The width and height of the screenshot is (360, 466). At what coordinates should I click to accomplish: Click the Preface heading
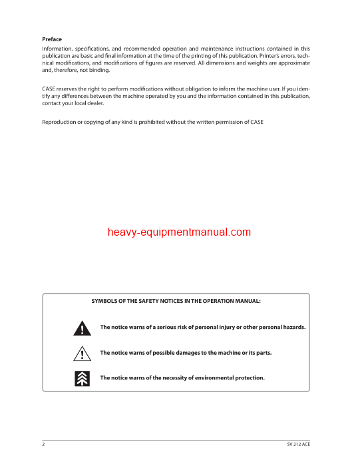(52, 39)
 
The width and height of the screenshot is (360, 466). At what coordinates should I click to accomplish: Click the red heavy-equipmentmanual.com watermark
(180, 232)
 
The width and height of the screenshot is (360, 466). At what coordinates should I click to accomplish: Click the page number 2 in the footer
(43, 444)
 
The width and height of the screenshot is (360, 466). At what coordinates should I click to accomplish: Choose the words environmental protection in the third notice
(230, 378)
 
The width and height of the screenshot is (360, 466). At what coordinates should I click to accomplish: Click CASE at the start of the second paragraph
(50, 89)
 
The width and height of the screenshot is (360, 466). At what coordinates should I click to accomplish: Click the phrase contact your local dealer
(73, 103)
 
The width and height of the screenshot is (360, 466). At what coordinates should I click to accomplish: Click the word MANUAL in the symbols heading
(245, 302)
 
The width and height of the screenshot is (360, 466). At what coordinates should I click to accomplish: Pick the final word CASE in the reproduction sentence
(256, 122)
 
